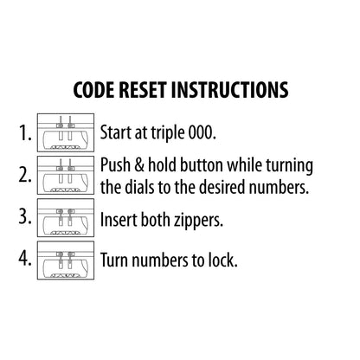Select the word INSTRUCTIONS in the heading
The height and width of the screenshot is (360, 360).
coord(230,90)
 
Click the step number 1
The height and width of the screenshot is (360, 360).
coord(25,133)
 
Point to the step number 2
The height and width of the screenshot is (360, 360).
coord(25,175)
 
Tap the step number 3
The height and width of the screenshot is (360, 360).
coord(25,217)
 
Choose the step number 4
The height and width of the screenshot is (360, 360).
coord(25,259)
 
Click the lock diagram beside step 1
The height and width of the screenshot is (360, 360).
coord(66,132)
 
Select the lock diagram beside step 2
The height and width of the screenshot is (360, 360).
coord(66,175)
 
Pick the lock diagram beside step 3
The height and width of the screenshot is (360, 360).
coord(66,217)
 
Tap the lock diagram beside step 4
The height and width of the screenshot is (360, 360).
coord(66,260)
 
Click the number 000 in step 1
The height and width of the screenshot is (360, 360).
coord(202,132)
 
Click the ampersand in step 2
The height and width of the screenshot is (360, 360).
coord(139,165)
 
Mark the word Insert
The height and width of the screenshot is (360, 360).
coord(119,220)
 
